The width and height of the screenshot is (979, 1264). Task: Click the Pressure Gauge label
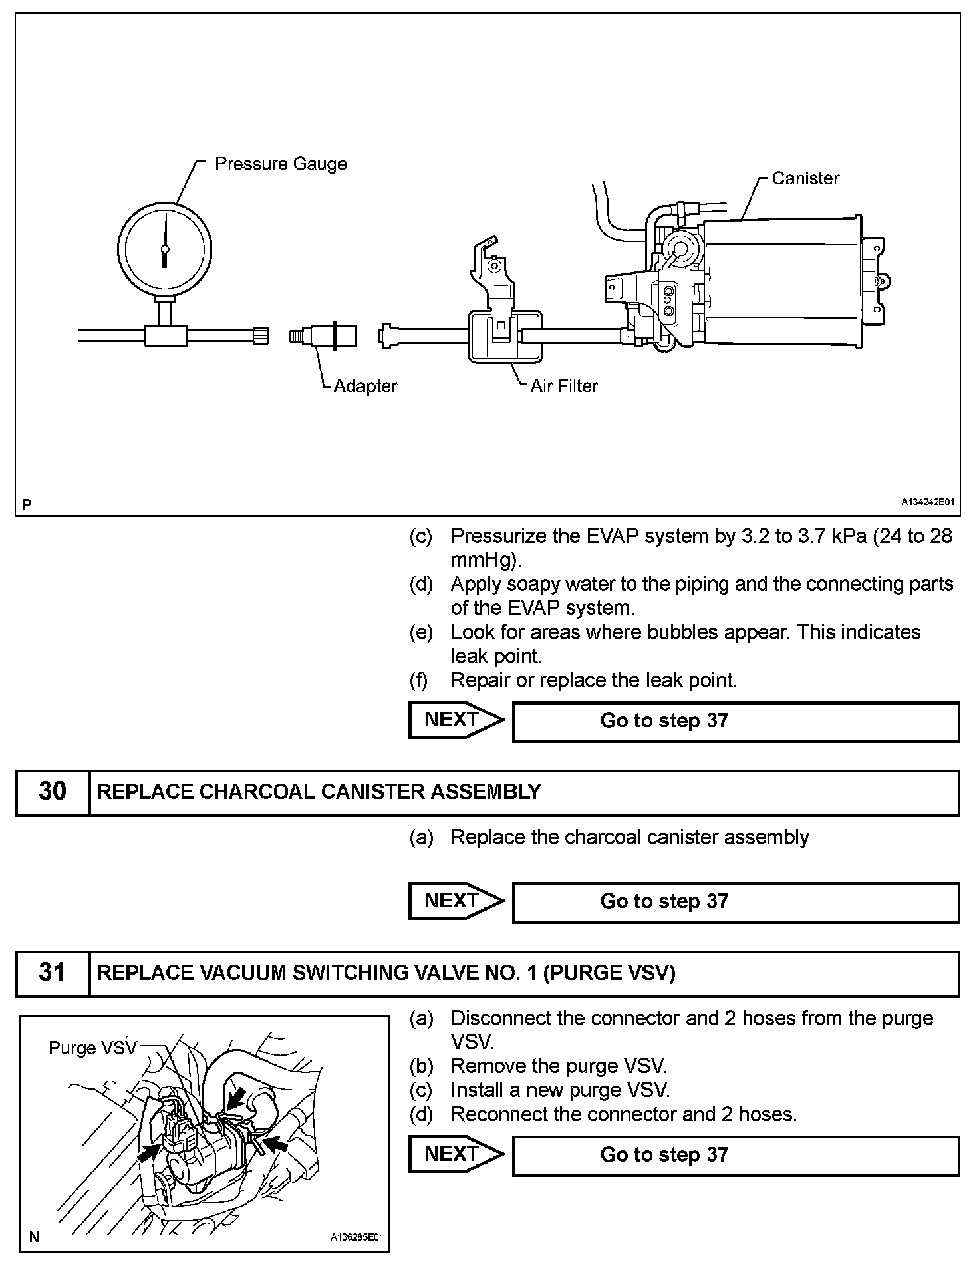[x=280, y=164]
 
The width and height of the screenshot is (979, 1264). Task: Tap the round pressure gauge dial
[x=165, y=248]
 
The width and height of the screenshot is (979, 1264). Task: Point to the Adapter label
[x=365, y=386]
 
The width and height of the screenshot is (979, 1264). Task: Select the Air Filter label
[x=563, y=386]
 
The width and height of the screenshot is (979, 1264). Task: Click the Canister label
[x=805, y=178]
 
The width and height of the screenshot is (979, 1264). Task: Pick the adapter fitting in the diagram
[x=323, y=335]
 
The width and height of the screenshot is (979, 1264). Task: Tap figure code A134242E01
[x=928, y=502]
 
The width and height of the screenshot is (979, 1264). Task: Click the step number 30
[x=53, y=792]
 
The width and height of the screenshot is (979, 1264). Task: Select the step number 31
[x=53, y=973]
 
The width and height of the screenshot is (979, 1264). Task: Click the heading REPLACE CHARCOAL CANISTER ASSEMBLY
[x=319, y=792]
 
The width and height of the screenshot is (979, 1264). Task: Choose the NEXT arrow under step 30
[x=456, y=901]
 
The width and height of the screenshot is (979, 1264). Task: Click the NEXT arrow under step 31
[x=456, y=1154]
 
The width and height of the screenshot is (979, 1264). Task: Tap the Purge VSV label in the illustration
[x=92, y=1048]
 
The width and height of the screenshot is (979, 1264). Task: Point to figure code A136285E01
[x=357, y=1237]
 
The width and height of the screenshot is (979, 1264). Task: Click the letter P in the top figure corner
[x=27, y=505]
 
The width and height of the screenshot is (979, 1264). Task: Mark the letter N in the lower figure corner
[x=34, y=1237]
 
